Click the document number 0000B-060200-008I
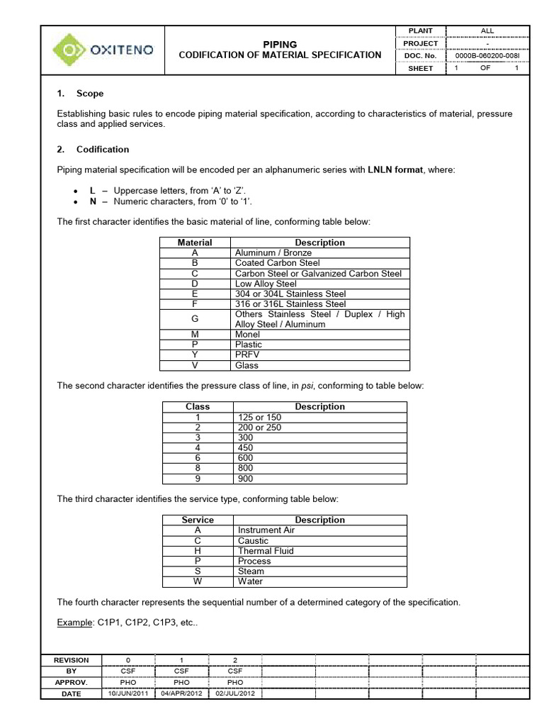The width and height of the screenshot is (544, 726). pyautogui.click(x=487, y=55)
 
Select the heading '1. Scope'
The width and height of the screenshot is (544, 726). pyautogui.click(x=80, y=94)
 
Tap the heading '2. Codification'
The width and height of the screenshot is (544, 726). pyautogui.click(x=93, y=150)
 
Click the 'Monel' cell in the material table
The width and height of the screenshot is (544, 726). pyautogui.click(x=248, y=335)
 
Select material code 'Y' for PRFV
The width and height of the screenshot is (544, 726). pyautogui.click(x=194, y=355)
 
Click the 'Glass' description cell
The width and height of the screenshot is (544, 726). pyautogui.click(x=246, y=366)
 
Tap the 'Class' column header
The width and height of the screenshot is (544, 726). pyautogui.click(x=198, y=407)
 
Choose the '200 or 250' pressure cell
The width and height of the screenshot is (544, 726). pyautogui.click(x=259, y=428)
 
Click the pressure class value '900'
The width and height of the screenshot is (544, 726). pyautogui.click(x=245, y=479)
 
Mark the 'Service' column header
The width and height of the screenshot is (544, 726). pyautogui.click(x=198, y=520)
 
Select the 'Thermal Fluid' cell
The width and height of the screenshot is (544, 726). pyautogui.click(x=266, y=551)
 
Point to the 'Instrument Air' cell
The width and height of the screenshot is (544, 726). pyautogui.click(x=266, y=530)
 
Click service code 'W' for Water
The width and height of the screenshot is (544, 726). pyautogui.click(x=198, y=581)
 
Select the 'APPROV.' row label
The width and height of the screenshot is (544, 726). pyautogui.click(x=72, y=682)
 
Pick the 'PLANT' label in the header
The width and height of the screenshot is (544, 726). pyautogui.click(x=419, y=31)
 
